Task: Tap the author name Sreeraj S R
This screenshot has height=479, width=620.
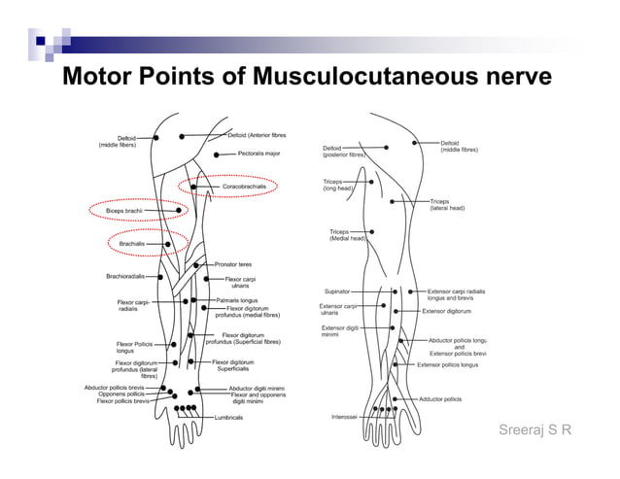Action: (x=534, y=430)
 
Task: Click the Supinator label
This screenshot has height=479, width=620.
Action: (x=337, y=291)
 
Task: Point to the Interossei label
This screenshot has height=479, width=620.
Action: (x=343, y=417)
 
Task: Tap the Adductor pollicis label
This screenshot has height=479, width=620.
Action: (x=440, y=399)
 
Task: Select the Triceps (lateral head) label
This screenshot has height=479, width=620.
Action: (x=447, y=204)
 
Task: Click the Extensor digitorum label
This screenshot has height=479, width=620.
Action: (x=447, y=312)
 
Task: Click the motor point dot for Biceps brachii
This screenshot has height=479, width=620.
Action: (x=179, y=210)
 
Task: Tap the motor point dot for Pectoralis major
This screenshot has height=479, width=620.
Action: (x=216, y=154)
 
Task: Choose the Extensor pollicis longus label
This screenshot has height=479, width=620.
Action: (x=448, y=365)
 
